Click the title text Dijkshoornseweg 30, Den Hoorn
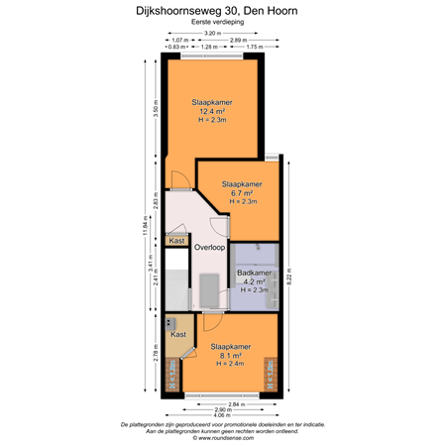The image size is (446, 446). tap(223, 12)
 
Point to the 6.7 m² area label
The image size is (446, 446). tap(243, 193)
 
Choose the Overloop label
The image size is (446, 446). tap(209, 247)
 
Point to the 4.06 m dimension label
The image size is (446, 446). tap(227, 416)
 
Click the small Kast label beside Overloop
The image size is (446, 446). tap(177, 241)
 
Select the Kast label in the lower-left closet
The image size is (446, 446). tap(178, 335)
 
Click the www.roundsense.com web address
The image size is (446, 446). tap(223, 435)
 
